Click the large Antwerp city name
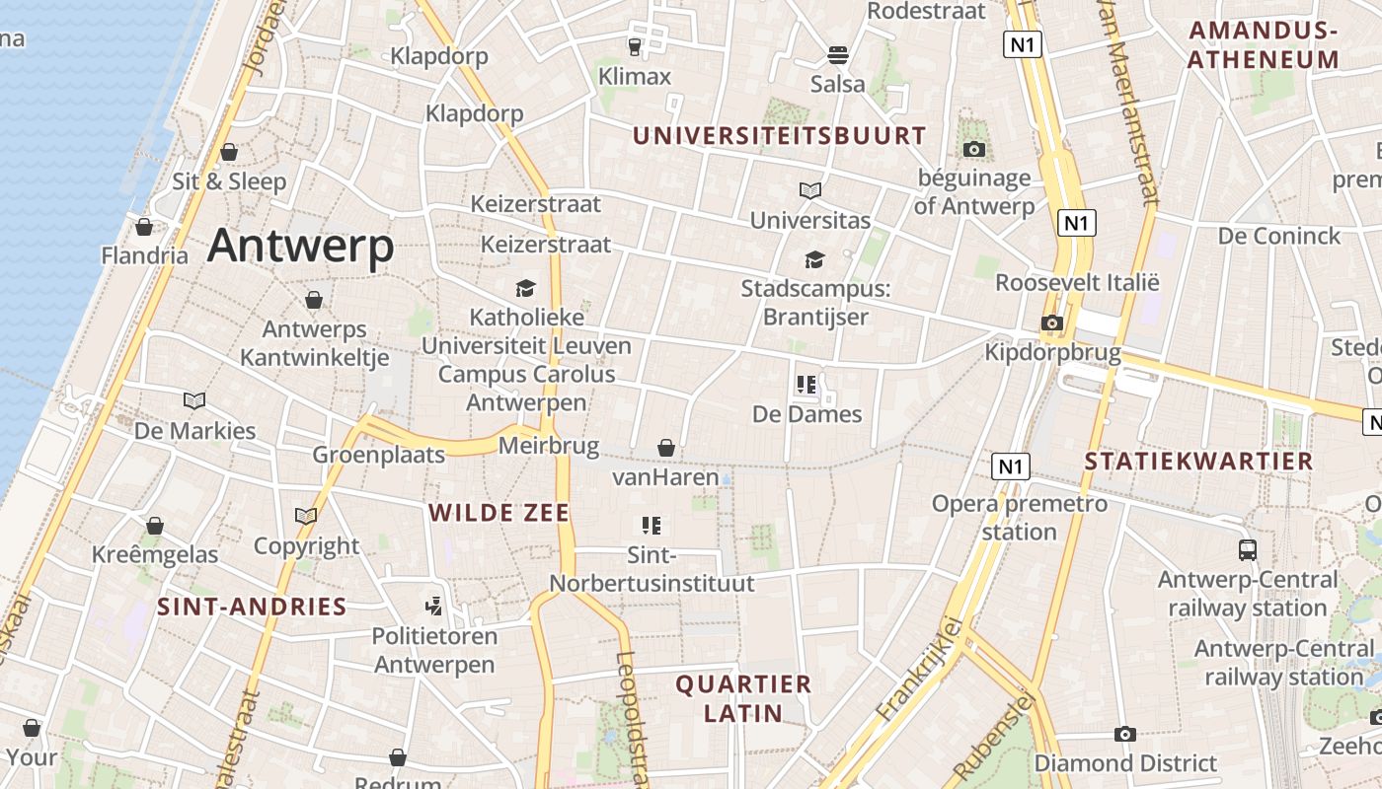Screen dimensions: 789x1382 click(x=300, y=246)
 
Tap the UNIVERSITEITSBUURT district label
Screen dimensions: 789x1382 click(x=780, y=136)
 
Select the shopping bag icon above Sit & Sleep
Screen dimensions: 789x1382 click(x=229, y=152)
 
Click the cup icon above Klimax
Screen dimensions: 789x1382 click(x=635, y=46)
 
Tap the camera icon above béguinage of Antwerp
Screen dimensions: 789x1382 click(x=974, y=149)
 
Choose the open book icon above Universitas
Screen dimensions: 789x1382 click(x=810, y=190)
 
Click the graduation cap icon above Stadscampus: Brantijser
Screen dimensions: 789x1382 click(x=814, y=259)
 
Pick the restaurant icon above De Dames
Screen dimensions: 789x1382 click(x=806, y=385)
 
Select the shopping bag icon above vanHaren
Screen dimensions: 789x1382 click(x=666, y=448)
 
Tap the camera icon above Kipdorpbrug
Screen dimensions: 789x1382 click(x=1052, y=323)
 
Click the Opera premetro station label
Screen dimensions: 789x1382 click(x=1020, y=518)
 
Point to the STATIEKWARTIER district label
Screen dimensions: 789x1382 click(x=1198, y=461)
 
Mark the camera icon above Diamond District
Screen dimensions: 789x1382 click(x=1124, y=734)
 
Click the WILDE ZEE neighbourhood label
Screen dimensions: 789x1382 click(x=499, y=513)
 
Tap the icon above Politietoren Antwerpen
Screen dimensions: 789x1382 click(x=433, y=605)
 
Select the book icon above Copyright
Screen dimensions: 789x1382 click(x=306, y=516)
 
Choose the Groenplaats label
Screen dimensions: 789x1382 click(x=379, y=455)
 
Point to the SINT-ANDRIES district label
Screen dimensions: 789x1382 click(x=252, y=607)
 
